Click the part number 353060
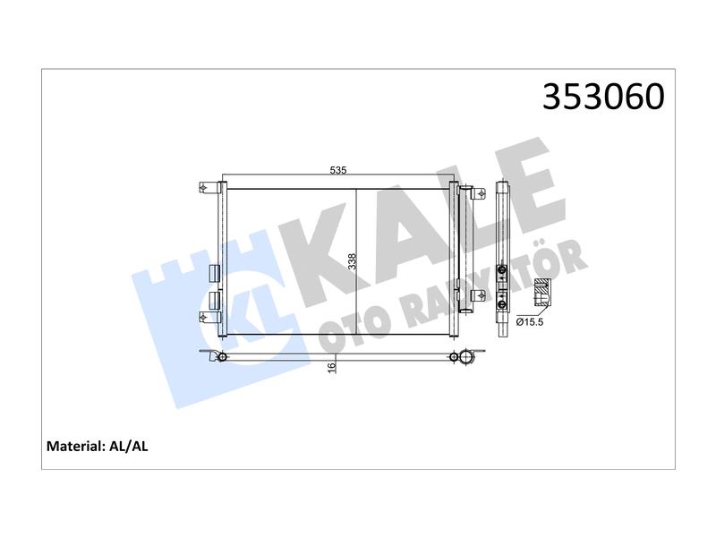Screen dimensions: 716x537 603,97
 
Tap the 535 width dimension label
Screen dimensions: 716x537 338,170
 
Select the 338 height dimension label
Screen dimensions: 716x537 352,261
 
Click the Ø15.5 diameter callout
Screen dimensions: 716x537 530,322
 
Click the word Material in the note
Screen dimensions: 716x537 76,446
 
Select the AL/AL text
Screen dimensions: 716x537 129,446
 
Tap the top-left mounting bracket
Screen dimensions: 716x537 208,188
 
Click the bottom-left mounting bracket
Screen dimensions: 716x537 208,317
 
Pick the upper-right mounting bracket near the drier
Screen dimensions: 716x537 478,193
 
